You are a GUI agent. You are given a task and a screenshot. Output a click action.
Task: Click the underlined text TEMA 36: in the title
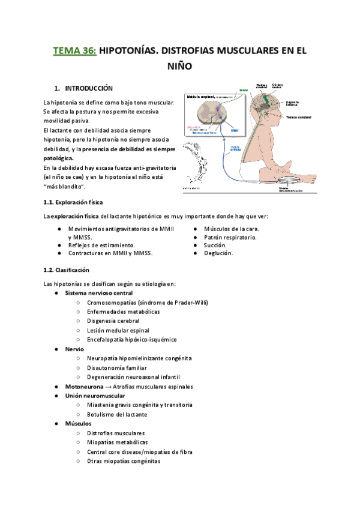pyautogui.click(x=74, y=51)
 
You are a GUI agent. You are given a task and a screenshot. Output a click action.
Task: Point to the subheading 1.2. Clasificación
pyautogui.click(x=62, y=270)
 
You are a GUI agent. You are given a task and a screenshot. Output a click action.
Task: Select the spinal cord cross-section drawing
pyautogui.click(x=206, y=116)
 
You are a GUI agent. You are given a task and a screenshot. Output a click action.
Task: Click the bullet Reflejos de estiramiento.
pyautogui.click(x=101, y=245)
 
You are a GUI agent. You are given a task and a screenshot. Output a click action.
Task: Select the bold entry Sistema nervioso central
pyautogui.click(x=98, y=293)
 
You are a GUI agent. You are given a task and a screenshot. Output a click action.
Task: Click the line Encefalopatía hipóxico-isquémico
pyautogui.click(x=131, y=340)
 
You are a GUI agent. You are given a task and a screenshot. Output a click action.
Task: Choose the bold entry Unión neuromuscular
pyautogui.click(x=95, y=396)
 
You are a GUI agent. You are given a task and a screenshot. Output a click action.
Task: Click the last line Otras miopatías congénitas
pyautogui.click(x=124, y=461)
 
